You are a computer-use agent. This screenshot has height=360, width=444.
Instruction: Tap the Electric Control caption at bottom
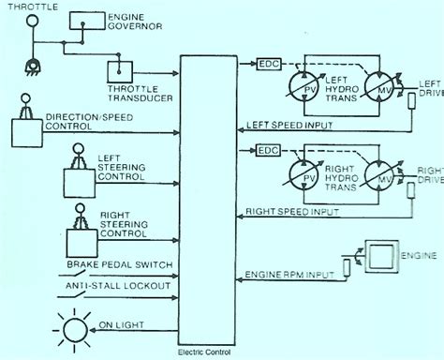[207, 352]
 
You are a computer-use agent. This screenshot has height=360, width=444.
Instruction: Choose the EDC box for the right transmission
[268, 148]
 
